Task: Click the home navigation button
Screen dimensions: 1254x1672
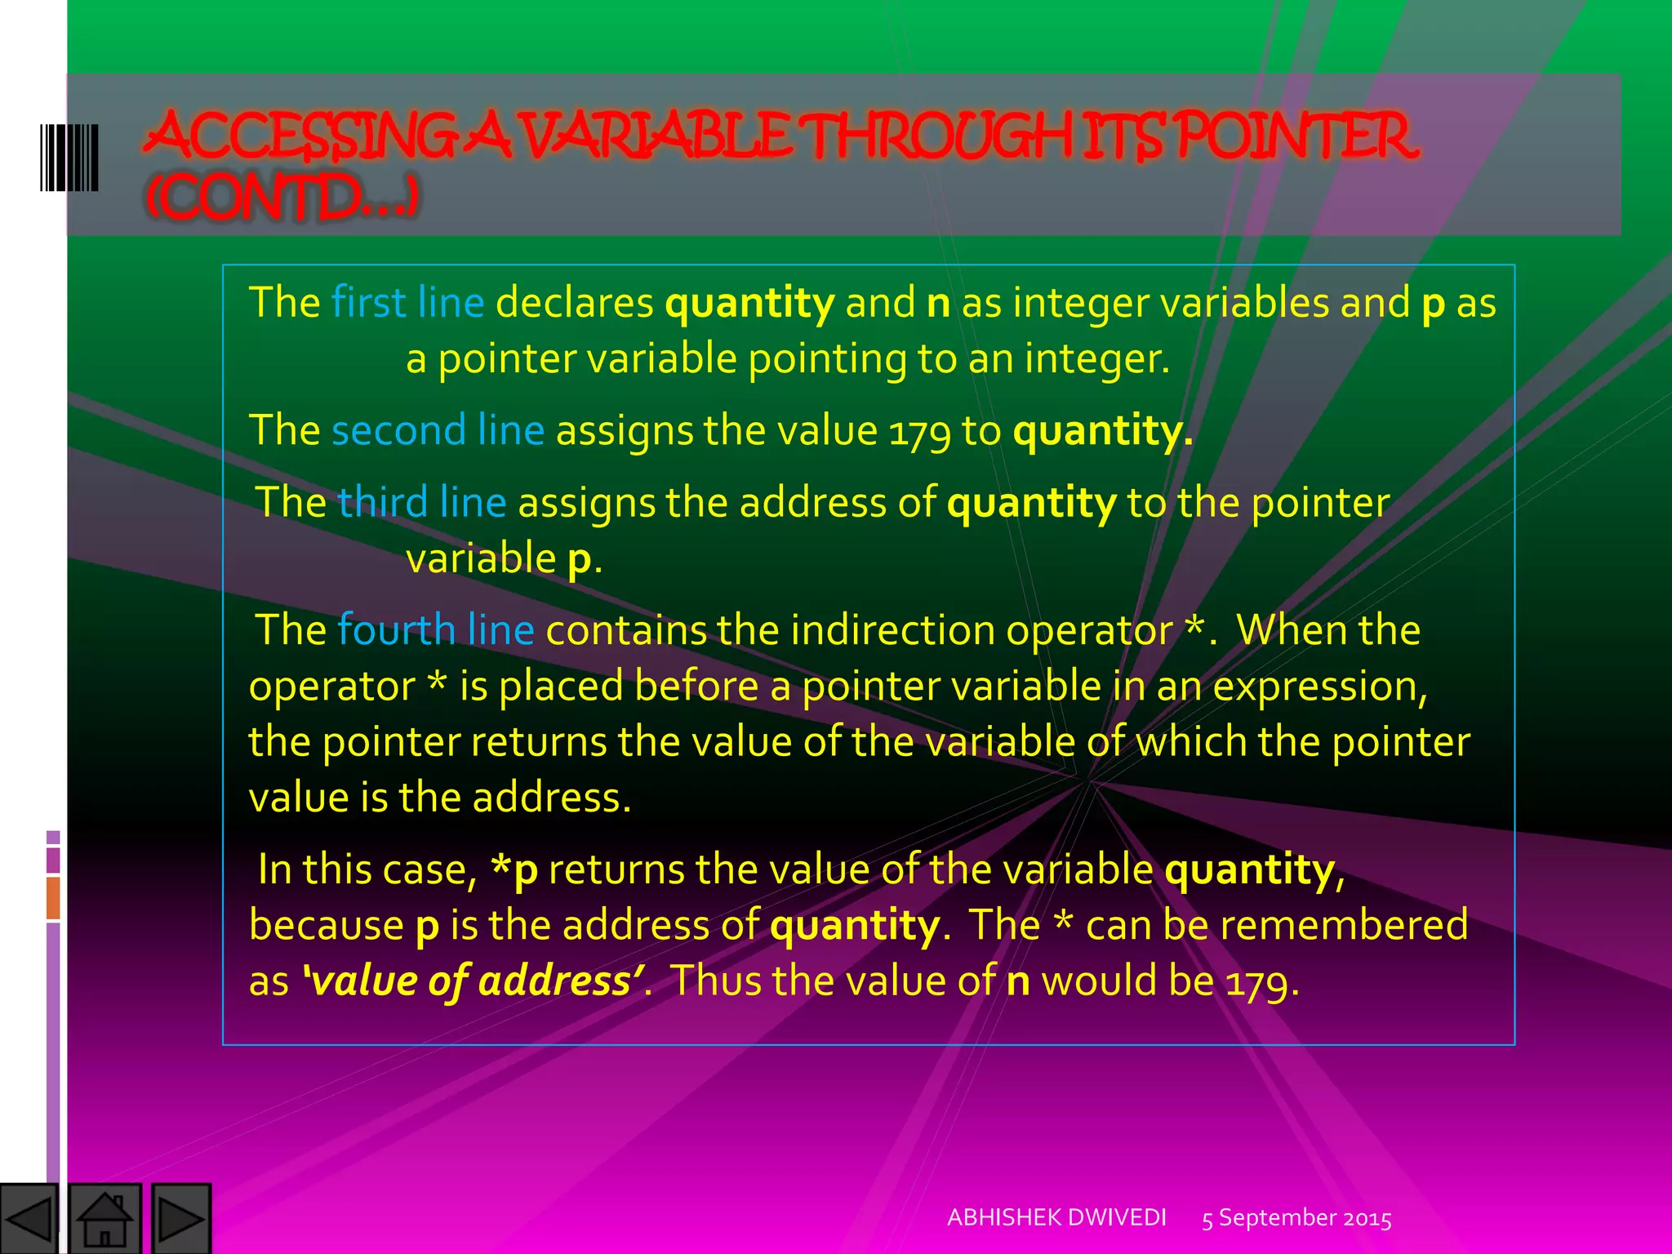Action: tap(105, 1218)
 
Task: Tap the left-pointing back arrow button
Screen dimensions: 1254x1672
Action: tap(29, 1219)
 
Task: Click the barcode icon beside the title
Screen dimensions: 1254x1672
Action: tap(69, 158)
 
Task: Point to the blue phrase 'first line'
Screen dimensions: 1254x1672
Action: tap(407, 303)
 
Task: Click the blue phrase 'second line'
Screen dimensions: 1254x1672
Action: tap(438, 430)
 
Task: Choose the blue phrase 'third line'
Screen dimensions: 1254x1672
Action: tap(422, 502)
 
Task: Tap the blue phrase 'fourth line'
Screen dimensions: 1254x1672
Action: tap(435, 630)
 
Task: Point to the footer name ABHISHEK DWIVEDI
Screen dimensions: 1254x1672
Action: tap(1056, 1217)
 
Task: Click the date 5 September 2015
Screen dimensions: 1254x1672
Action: tap(1296, 1218)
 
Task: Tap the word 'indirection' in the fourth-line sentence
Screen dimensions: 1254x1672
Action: tap(892, 630)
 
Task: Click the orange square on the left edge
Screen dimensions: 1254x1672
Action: tap(53, 897)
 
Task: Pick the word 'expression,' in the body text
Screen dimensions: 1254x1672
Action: tap(1320, 687)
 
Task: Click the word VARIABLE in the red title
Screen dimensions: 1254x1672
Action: tap(657, 136)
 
